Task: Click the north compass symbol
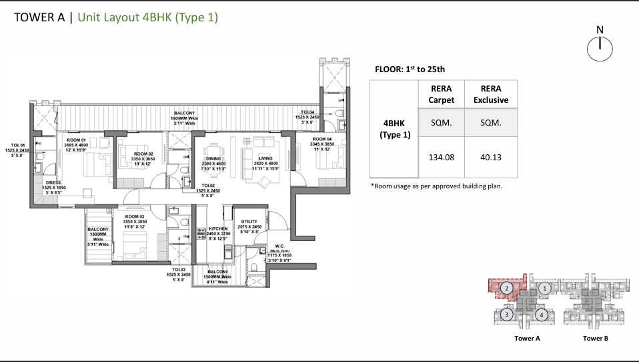[600, 46]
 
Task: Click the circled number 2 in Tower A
[507, 289]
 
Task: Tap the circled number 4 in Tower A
[542, 315]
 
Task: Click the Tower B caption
[595, 339]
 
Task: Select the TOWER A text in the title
[39, 18]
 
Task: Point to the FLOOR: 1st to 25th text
[411, 69]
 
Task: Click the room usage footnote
[436, 186]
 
